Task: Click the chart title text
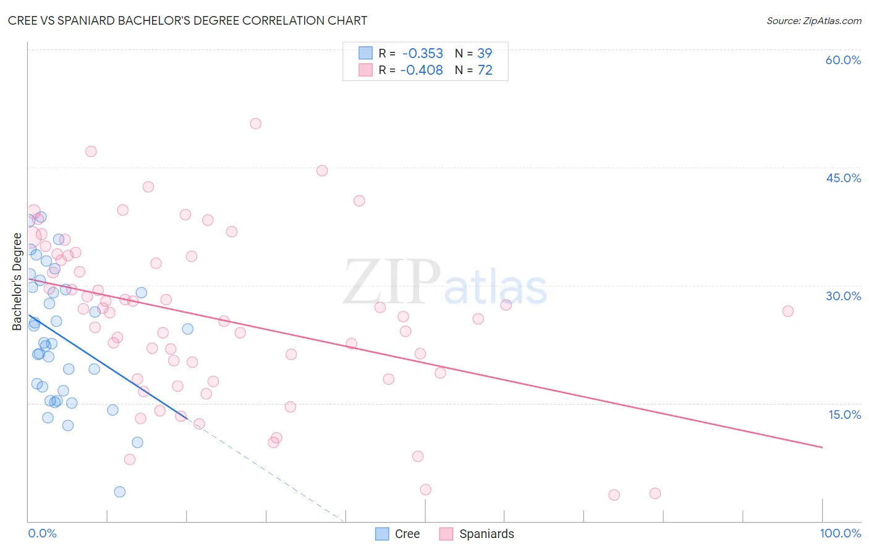point(187,21)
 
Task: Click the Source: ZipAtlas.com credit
point(813,21)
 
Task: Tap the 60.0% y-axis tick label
point(842,60)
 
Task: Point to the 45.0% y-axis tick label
point(843,178)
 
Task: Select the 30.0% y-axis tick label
point(843,296)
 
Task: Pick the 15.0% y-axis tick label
point(844,414)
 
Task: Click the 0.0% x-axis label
point(42,534)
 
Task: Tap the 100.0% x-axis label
point(840,534)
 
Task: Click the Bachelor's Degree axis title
point(17,282)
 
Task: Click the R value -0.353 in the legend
point(423,54)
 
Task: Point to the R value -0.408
point(422,70)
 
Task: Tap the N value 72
point(485,70)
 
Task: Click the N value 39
point(485,54)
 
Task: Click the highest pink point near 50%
point(255,124)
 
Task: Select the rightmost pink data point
point(787,311)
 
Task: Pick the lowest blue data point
point(120,492)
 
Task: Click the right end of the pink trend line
point(822,447)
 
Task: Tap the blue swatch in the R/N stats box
point(366,53)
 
